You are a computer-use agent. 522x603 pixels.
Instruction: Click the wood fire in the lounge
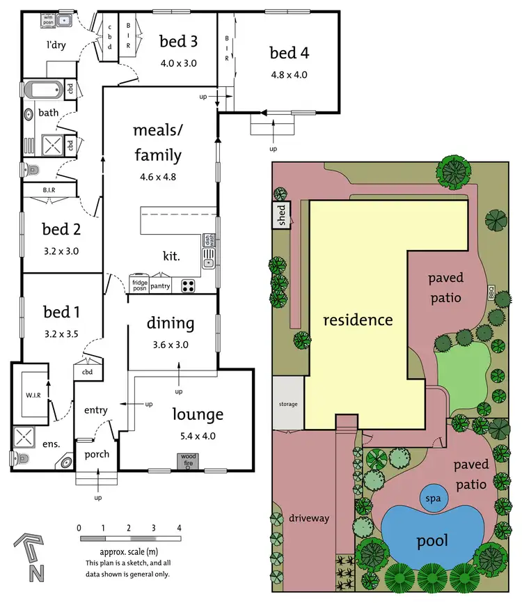coord(189,461)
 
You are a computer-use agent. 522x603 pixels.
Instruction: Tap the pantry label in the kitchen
coord(160,285)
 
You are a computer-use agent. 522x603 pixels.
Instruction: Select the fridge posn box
coord(139,285)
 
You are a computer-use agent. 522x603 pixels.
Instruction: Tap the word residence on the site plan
coord(358,320)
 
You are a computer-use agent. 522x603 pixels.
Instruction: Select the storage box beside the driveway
coord(288,404)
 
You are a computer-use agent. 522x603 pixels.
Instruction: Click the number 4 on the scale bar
coord(179,527)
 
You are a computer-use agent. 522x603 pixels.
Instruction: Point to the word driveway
coord(309,519)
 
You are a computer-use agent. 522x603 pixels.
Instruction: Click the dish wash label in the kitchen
coord(207,240)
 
